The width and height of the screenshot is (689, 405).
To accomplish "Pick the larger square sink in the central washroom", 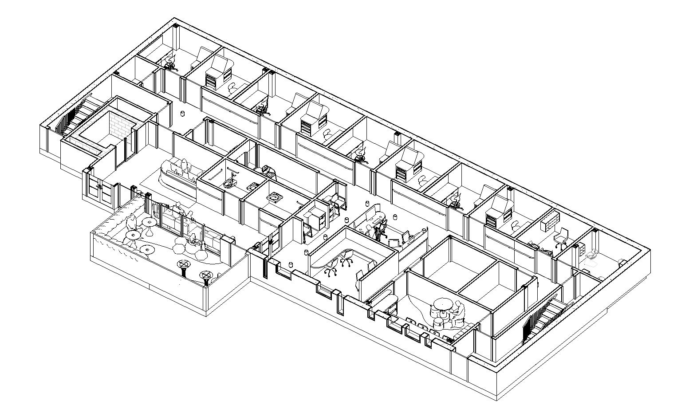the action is click(x=275, y=197).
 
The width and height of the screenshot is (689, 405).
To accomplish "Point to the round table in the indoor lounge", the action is click(x=441, y=305).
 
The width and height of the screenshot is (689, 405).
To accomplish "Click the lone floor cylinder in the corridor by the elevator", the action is click(x=183, y=114).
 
